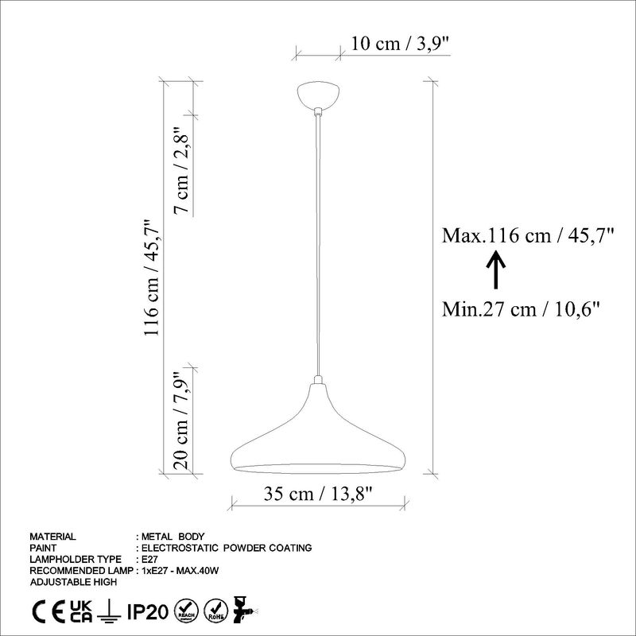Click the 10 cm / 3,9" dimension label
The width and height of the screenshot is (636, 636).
(x=401, y=44)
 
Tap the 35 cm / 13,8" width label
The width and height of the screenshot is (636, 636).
(x=319, y=493)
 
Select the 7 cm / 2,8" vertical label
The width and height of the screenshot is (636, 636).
(x=183, y=171)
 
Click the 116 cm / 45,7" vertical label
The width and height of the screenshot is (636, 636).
(x=152, y=277)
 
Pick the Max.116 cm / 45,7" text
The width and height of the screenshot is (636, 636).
(x=529, y=235)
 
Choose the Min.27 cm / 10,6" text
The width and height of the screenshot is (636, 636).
(x=521, y=308)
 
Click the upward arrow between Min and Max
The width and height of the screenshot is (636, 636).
(x=493, y=270)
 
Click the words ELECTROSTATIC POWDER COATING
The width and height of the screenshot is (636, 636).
(x=226, y=548)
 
